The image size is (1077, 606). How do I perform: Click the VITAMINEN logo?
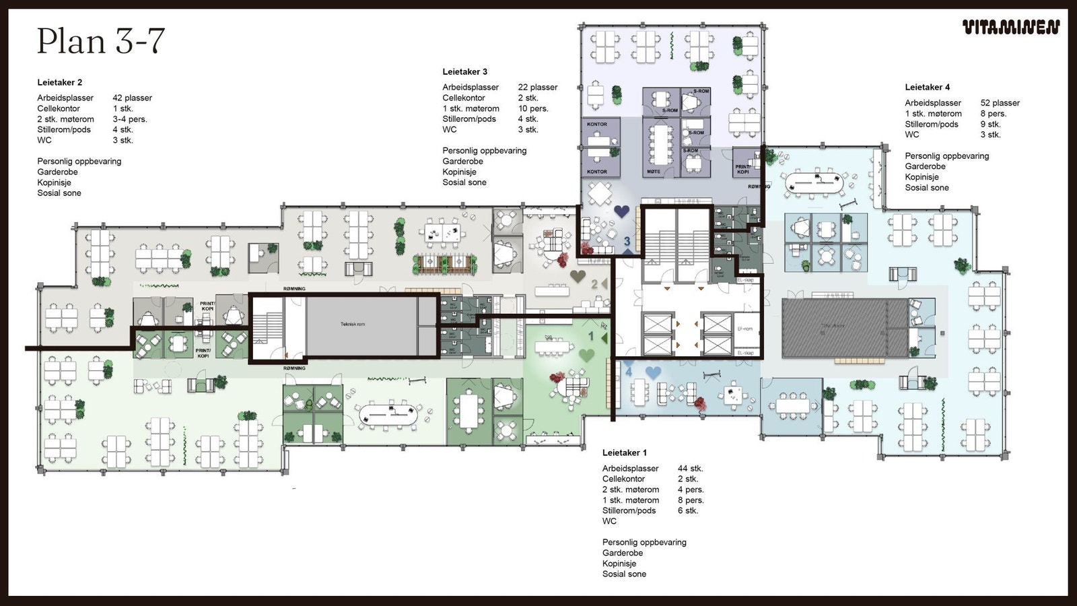click(x=1010, y=27)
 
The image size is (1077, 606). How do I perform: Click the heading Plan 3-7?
click(x=101, y=41)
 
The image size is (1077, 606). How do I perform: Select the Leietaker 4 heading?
click(x=927, y=87)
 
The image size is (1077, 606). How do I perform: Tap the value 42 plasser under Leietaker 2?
click(x=132, y=98)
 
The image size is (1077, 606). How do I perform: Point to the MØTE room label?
click(x=653, y=172)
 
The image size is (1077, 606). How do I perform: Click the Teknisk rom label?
click(x=352, y=325)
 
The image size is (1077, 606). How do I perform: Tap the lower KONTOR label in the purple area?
click(x=596, y=172)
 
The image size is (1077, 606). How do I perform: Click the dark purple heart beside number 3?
click(x=621, y=211)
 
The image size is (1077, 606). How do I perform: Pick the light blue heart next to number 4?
click(x=653, y=372)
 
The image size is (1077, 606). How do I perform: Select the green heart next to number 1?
click(x=586, y=355)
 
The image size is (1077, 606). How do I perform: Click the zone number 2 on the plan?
click(x=594, y=285)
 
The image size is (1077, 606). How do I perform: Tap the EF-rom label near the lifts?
click(x=745, y=329)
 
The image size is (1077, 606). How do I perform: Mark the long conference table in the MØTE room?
click(x=661, y=143)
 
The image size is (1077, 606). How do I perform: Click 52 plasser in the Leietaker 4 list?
click(x=1000, y=103)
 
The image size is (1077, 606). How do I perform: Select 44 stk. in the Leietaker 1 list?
click(x=690, y=468)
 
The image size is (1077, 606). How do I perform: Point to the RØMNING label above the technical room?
click(x=294, y=289)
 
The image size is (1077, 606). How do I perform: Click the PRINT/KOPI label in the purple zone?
click(x=742, y=169)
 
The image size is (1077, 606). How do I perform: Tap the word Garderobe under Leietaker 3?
click(x=462, y=161)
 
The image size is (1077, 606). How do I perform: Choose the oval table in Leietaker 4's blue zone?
click(x=815, y=182)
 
